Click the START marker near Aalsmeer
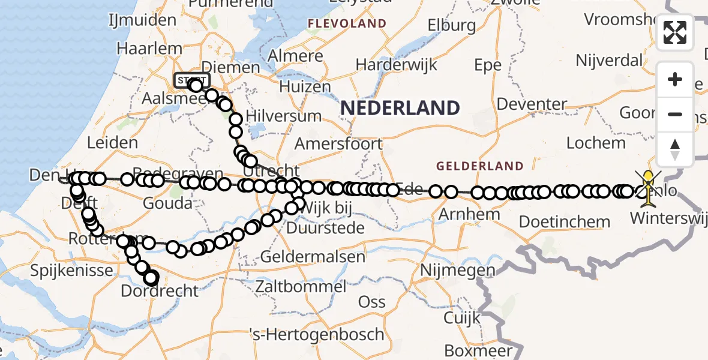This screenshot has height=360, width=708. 191,80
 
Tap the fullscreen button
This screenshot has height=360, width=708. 675,32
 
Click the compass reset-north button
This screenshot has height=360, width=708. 675,149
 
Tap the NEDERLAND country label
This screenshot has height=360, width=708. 400,108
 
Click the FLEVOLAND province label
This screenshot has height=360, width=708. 347,24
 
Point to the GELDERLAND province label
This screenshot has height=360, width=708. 479,166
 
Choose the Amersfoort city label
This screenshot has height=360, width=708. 338,144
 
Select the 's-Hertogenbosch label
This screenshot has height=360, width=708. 317,334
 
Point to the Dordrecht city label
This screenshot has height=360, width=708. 160,291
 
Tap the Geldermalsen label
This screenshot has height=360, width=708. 313,257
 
